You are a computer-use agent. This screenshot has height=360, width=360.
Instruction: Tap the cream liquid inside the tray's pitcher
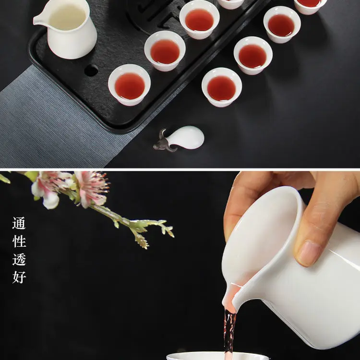67,17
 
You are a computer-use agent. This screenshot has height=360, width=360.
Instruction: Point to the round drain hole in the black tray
91,70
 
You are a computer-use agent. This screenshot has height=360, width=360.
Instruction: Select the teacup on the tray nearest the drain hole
129,84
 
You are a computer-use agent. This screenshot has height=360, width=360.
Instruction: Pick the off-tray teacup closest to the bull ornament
222,87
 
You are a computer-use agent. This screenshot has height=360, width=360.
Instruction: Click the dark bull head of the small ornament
164,143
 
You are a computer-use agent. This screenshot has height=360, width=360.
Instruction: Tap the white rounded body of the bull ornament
186,137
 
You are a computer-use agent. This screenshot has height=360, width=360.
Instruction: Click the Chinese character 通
19,223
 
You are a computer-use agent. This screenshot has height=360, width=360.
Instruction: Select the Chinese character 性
19,241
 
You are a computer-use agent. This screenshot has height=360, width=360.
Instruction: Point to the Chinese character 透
19,259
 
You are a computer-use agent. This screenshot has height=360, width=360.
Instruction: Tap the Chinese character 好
19,277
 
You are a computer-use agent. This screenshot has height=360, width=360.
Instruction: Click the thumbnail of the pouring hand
307,253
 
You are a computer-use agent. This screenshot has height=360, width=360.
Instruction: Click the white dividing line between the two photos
180,169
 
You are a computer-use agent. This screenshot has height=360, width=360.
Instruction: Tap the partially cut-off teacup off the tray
310,6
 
